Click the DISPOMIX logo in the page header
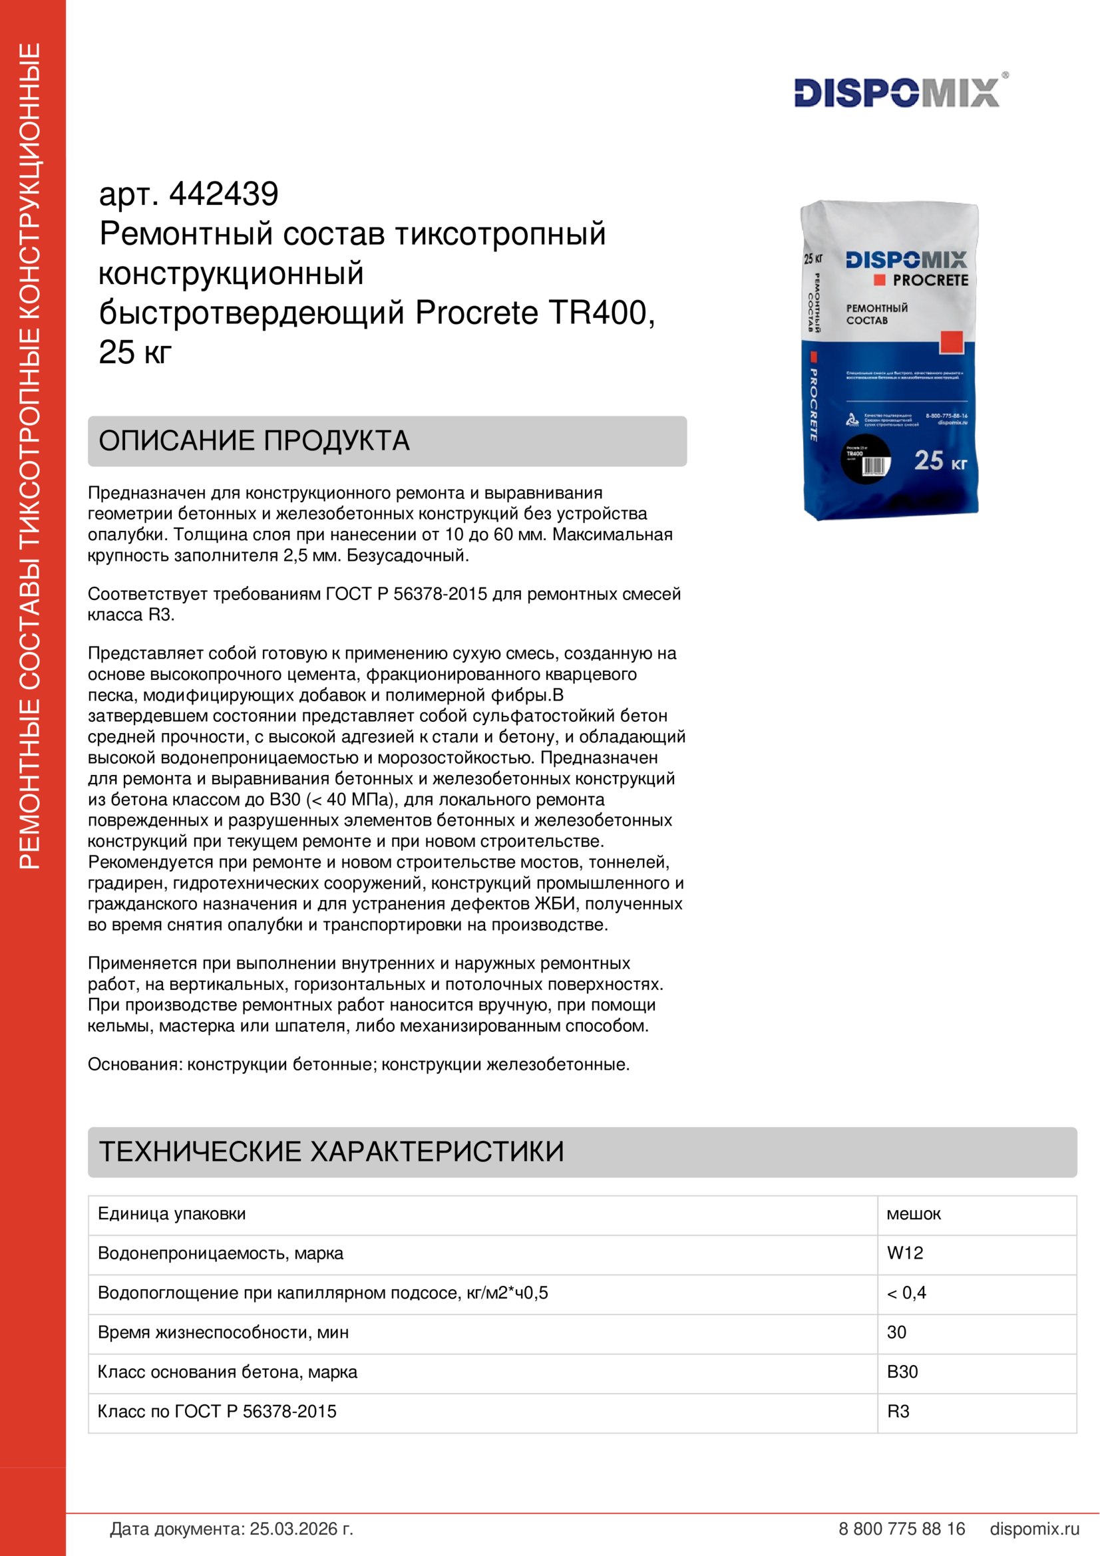896,92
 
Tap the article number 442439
224,194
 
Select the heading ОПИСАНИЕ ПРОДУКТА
254,440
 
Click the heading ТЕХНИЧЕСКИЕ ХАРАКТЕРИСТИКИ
331,1152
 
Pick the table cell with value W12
905,1253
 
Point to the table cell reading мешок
914,1214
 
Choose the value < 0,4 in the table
906,1293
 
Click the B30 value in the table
902,1372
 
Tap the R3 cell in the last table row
898,1411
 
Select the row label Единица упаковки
172,1214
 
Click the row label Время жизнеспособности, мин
223,1332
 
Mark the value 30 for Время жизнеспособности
896,1332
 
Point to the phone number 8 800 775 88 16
902,1529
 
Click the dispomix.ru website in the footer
1034,1529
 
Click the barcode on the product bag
874,466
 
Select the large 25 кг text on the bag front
940,461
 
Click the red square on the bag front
951,341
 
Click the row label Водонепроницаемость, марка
220,1253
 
